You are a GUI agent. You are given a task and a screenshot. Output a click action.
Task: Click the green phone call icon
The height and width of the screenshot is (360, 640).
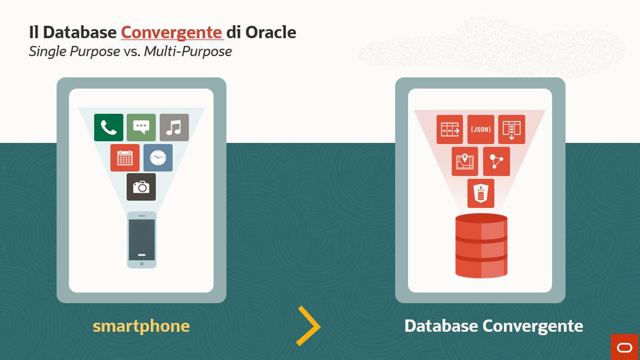pos(109,128)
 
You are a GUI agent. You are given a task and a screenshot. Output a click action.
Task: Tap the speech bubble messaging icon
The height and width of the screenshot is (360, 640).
pos(141,128)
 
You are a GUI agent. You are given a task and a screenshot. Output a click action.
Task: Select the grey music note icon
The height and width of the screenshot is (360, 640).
pos(174,128)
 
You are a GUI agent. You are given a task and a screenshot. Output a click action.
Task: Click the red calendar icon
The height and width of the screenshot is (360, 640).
pos(125,158)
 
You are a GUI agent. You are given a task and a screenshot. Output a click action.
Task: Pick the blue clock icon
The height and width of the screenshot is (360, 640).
pos(158,158)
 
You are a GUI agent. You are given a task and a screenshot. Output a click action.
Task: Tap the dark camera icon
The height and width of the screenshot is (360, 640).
pos(141,187)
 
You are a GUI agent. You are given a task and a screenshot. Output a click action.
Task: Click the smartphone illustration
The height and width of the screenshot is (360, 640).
pos(142,240)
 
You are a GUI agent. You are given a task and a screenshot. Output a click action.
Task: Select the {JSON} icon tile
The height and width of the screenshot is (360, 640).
pos(481,130)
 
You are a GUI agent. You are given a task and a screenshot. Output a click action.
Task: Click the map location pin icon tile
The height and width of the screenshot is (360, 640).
pos(465,162)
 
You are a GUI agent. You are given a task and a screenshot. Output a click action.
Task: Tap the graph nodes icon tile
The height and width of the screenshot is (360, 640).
pos(496,162)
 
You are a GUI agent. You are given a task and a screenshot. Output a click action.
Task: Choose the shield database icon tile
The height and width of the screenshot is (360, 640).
pos(481,193)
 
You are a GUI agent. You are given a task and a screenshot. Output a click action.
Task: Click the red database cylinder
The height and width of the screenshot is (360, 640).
pos(481,246)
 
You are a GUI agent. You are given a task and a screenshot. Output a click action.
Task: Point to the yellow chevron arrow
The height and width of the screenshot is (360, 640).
pos(309,326)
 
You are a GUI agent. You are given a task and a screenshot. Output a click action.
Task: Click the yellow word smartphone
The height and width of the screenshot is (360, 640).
pos(141,326)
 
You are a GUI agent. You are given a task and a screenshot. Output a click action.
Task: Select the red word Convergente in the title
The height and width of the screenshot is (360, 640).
pos(171,33)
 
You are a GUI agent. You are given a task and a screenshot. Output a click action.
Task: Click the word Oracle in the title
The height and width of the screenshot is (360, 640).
pos(271,32)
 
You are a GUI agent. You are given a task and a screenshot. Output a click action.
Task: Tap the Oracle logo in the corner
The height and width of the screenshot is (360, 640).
pos(625,347)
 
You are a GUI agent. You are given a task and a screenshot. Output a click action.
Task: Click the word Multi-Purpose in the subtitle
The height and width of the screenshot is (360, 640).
pos(188,52)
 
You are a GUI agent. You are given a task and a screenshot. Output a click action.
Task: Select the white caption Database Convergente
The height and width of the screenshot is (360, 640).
pos(494,326)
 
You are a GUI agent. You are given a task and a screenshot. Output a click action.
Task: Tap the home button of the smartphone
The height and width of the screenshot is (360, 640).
pos(142,264)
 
